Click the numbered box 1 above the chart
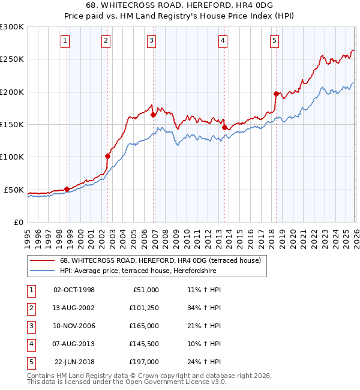(x=64, y=41)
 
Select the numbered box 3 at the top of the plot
(x=151, y=41)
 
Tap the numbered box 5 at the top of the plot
(x=274, y=41)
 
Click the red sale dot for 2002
(x=108, y=156)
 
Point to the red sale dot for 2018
(x=276, y=94)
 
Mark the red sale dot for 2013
(x=224, y=127)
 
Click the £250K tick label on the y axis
(x=12, y=59)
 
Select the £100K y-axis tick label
(x=12, y=157)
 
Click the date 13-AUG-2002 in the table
(x=74, y=308)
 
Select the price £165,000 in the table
(x=143, y=326)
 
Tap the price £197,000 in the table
(x=143, y=362)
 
